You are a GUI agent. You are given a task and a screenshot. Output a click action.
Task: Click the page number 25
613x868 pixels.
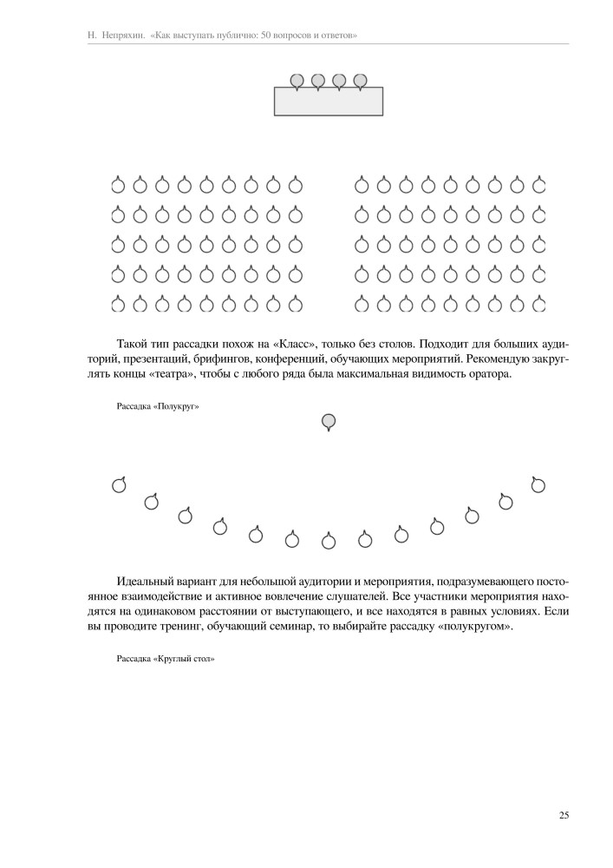click(x=564, y=815)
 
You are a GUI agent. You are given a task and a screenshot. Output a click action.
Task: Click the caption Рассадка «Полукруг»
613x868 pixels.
click(x=152, y=405)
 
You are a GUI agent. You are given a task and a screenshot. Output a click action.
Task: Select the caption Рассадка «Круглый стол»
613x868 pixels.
click(x=165, y=659)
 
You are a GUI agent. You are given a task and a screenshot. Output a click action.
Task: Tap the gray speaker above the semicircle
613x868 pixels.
click(x=329, y=422)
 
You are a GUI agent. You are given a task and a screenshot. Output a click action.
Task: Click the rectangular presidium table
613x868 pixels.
click(x=329, y=102)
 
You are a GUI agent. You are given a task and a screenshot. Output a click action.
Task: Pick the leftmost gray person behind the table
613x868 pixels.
click(x=297, y=81)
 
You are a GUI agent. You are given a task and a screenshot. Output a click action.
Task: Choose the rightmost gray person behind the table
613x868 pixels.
click(x=360, y=81)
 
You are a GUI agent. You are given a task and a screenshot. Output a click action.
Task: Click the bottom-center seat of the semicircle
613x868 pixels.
click(x=329, y=542)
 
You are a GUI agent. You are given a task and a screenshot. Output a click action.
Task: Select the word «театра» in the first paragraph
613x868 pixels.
click(x=180, y=374)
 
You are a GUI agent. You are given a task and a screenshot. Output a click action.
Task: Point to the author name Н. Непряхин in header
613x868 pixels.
click(x=117, y=36)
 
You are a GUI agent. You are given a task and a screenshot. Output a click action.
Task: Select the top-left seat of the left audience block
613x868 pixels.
click(x=118, y=185)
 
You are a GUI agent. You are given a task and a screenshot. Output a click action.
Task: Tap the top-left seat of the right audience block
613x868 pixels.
click(x=362, y=185)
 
